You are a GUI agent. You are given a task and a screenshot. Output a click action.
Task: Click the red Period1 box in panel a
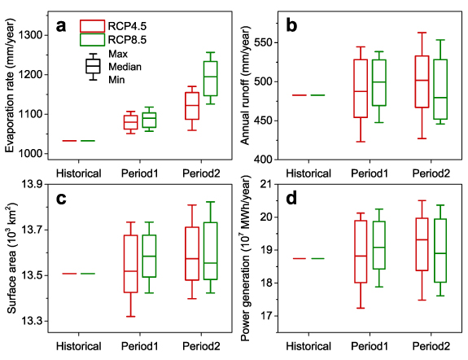coord(129,122)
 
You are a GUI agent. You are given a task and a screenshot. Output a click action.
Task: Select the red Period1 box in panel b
coord(360,89)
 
